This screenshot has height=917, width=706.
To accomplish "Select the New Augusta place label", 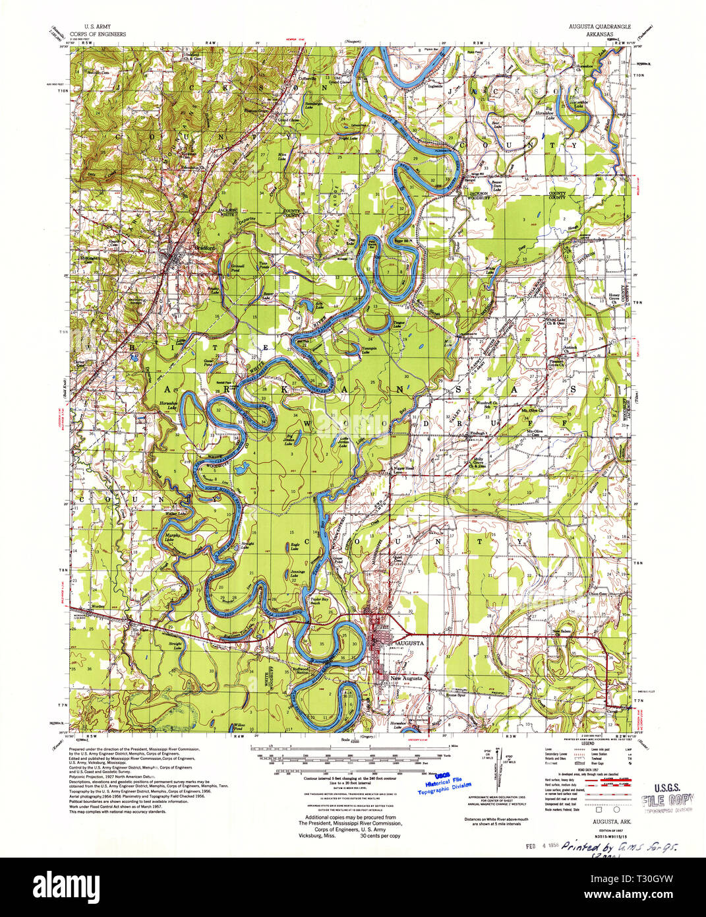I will (x=405, y=678).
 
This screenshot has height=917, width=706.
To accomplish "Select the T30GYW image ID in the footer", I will (x=661, y=884).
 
